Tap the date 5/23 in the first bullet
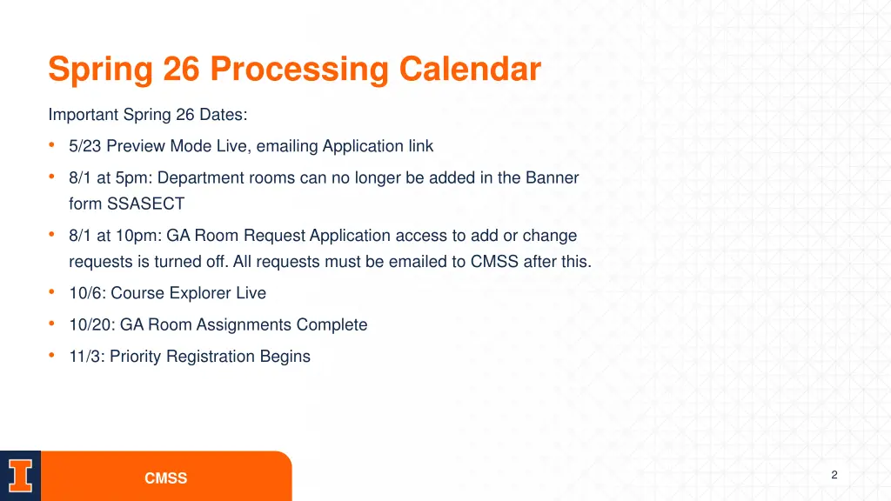click(x=85, y=146)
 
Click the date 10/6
click(x=85, y=293)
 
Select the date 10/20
click(x=90, y=324)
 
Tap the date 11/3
click(x=85, y=356)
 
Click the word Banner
click(x=552, y=177)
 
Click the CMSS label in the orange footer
click(x=165, y=478)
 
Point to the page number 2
click(x=834, y=475)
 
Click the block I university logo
click(x=20, y=477)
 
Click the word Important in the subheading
click(x=84, y=115)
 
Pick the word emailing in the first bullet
click(x=287, y=146)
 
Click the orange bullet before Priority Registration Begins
click(x=53, y=355)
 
